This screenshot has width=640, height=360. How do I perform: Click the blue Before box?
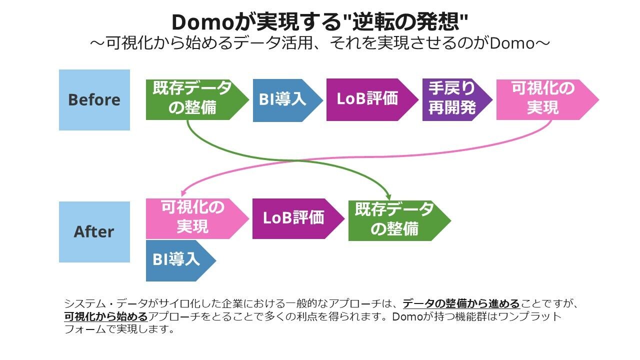coord(94,100)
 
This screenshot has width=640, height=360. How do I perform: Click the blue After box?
coord(94,232)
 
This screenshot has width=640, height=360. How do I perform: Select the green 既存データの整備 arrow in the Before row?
coord(192,99)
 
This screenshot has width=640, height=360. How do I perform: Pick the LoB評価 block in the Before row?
coord(367,99)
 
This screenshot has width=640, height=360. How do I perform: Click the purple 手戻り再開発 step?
coord(452,99)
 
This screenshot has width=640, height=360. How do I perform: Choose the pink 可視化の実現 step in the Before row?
coord(542,99)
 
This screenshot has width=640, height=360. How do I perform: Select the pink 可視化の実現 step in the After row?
coord(192,218)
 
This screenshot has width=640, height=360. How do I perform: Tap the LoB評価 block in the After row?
coord(294,218)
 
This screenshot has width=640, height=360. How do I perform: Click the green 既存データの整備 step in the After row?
coord(395,220)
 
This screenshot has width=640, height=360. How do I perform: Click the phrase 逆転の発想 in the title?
coord(405,22)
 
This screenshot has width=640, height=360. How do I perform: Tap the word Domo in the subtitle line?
coord(512,43)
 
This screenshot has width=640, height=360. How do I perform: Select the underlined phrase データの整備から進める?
coord(461,303)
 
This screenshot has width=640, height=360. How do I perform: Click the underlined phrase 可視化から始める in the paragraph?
coord(105,316)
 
